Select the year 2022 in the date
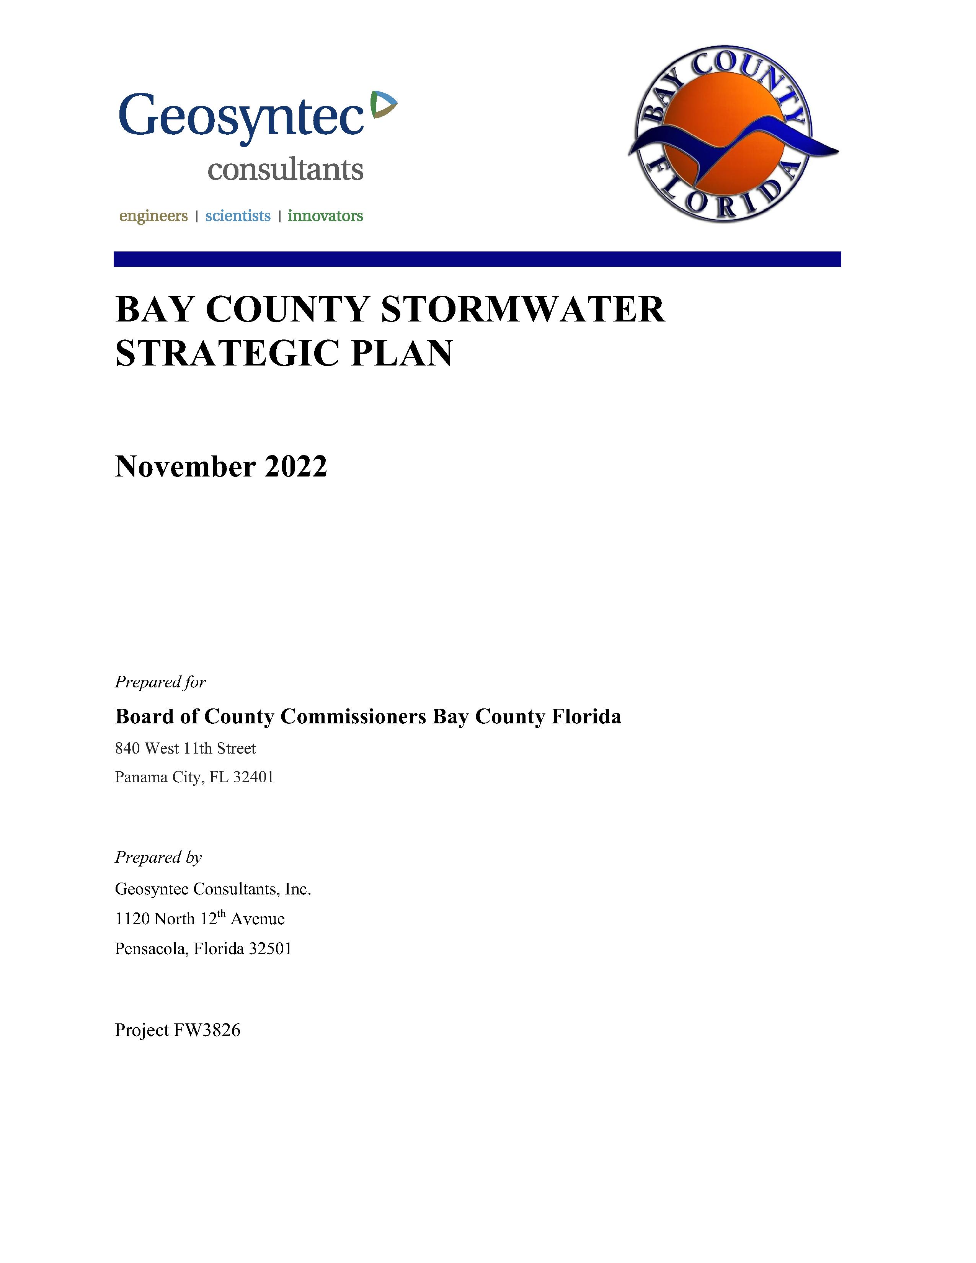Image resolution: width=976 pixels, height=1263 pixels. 296,467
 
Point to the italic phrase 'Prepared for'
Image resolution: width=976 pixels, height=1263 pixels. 160,682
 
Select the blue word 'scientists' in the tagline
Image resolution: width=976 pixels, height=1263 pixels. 238,216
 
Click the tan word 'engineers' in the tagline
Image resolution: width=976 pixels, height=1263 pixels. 153,216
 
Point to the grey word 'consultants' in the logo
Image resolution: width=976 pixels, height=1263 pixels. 286,170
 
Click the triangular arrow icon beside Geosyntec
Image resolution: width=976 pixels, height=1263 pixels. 382,103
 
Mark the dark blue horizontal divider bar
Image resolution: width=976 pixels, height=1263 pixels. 477,259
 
